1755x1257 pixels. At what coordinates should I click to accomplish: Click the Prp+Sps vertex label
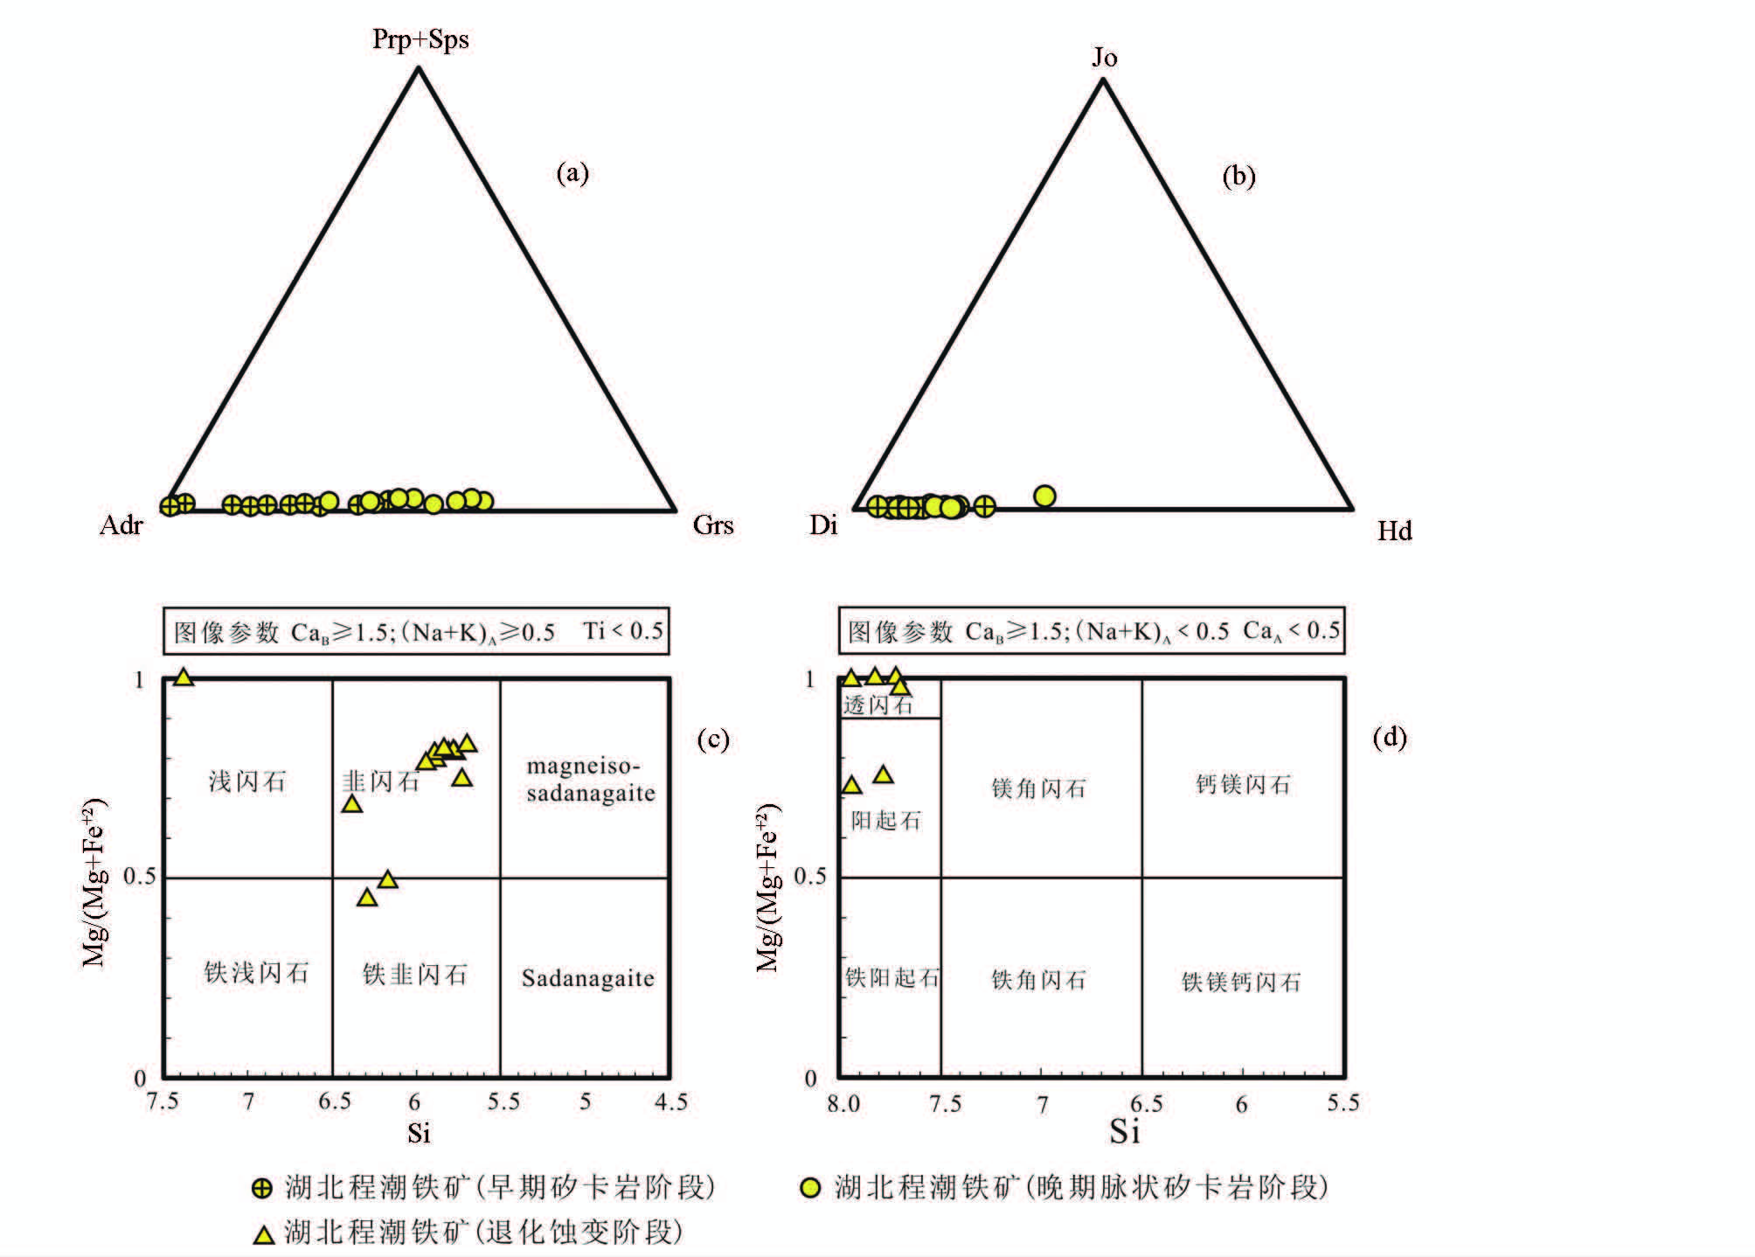click(420, 39)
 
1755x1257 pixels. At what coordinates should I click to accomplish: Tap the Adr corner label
click(121, 524)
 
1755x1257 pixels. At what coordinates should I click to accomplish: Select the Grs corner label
click(712, 524)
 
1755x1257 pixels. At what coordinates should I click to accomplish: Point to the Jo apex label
click(1104, 58)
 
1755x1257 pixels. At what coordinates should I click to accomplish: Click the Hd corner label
click(1394, 531)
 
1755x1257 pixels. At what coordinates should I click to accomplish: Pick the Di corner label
click(823, 524)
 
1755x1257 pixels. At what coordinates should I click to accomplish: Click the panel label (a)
click(572, 173)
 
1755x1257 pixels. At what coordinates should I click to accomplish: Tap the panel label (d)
click(1390, 738)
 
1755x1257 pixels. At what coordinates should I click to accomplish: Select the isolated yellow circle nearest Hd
click(1044, 497)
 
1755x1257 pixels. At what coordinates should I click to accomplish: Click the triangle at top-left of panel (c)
click(184, 677)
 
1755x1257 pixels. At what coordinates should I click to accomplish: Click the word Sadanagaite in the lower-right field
click(587, 978)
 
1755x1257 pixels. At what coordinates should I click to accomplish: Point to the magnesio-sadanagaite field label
click(590, 780)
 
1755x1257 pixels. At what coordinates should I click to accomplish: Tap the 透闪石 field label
click(878, 705)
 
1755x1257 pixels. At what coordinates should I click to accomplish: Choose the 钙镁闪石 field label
click(1242, 784)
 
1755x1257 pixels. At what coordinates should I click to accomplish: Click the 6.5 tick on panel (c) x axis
click(334, 1101)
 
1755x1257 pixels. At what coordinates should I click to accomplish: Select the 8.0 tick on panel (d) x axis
click(843, 1104)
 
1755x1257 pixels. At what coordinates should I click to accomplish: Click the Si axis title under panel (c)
click(419, 1133)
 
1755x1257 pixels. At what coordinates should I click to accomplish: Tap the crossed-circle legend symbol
click(262, 1188)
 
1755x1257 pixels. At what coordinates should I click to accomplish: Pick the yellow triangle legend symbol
click(263, 1234)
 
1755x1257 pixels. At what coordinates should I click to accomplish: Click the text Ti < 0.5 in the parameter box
click(623, 630)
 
